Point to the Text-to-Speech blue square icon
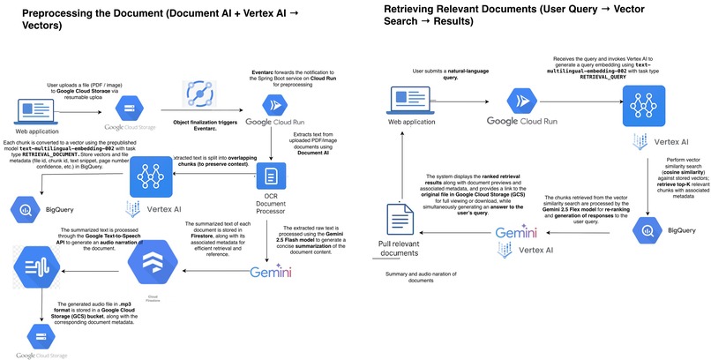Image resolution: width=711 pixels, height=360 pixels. pos(29,262)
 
